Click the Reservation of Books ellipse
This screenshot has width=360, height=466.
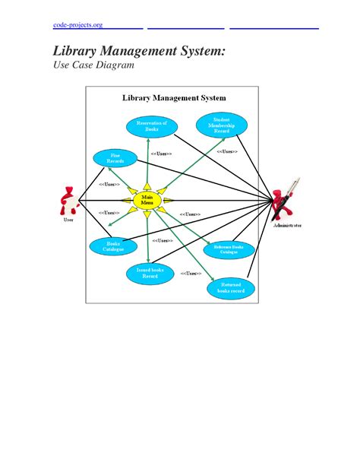tap(152, 126)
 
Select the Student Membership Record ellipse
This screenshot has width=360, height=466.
tap(220, 125)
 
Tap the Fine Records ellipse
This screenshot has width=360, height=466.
tap(115, 158)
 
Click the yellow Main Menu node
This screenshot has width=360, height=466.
tap(147, 200)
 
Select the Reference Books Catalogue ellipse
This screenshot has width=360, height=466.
tap(229, 250)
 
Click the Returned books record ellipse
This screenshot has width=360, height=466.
tap(230, 288)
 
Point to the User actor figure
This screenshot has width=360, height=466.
tap(67, 201)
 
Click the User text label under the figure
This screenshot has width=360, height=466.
tap(68, 221)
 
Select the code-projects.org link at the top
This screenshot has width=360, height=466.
tap(77, 26)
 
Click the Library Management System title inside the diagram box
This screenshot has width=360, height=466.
tap(174, 98)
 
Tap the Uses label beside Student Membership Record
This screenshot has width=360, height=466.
tap(226, 151)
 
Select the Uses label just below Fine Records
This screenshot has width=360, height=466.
tap(109, 185)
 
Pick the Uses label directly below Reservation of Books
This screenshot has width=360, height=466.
tap(161, 154)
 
